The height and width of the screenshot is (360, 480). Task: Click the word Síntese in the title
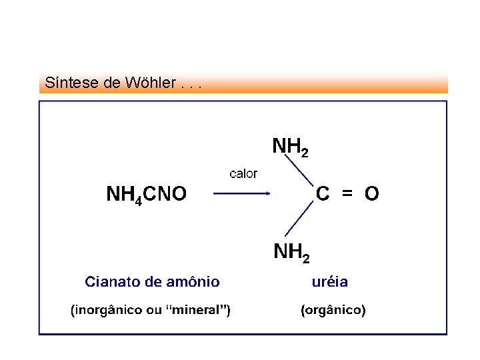(65, 83)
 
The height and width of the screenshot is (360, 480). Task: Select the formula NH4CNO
(147, 194)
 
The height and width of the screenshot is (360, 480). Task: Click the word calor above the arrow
(243, 174)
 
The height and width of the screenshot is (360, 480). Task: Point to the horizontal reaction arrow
(241, 194)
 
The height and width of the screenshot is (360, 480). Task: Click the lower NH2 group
(292, 252)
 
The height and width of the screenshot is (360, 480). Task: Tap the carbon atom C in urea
(323, 193)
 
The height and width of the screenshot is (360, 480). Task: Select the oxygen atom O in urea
(372, 193)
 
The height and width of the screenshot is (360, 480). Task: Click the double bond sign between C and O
(347, 193)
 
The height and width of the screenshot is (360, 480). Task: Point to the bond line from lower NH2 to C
(299, 218)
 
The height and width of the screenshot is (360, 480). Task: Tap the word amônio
(194, 281)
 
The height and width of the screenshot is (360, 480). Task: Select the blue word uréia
(330, 281)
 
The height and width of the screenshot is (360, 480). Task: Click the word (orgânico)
(333, 310)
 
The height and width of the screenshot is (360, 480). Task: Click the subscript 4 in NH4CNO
(138, 199)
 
